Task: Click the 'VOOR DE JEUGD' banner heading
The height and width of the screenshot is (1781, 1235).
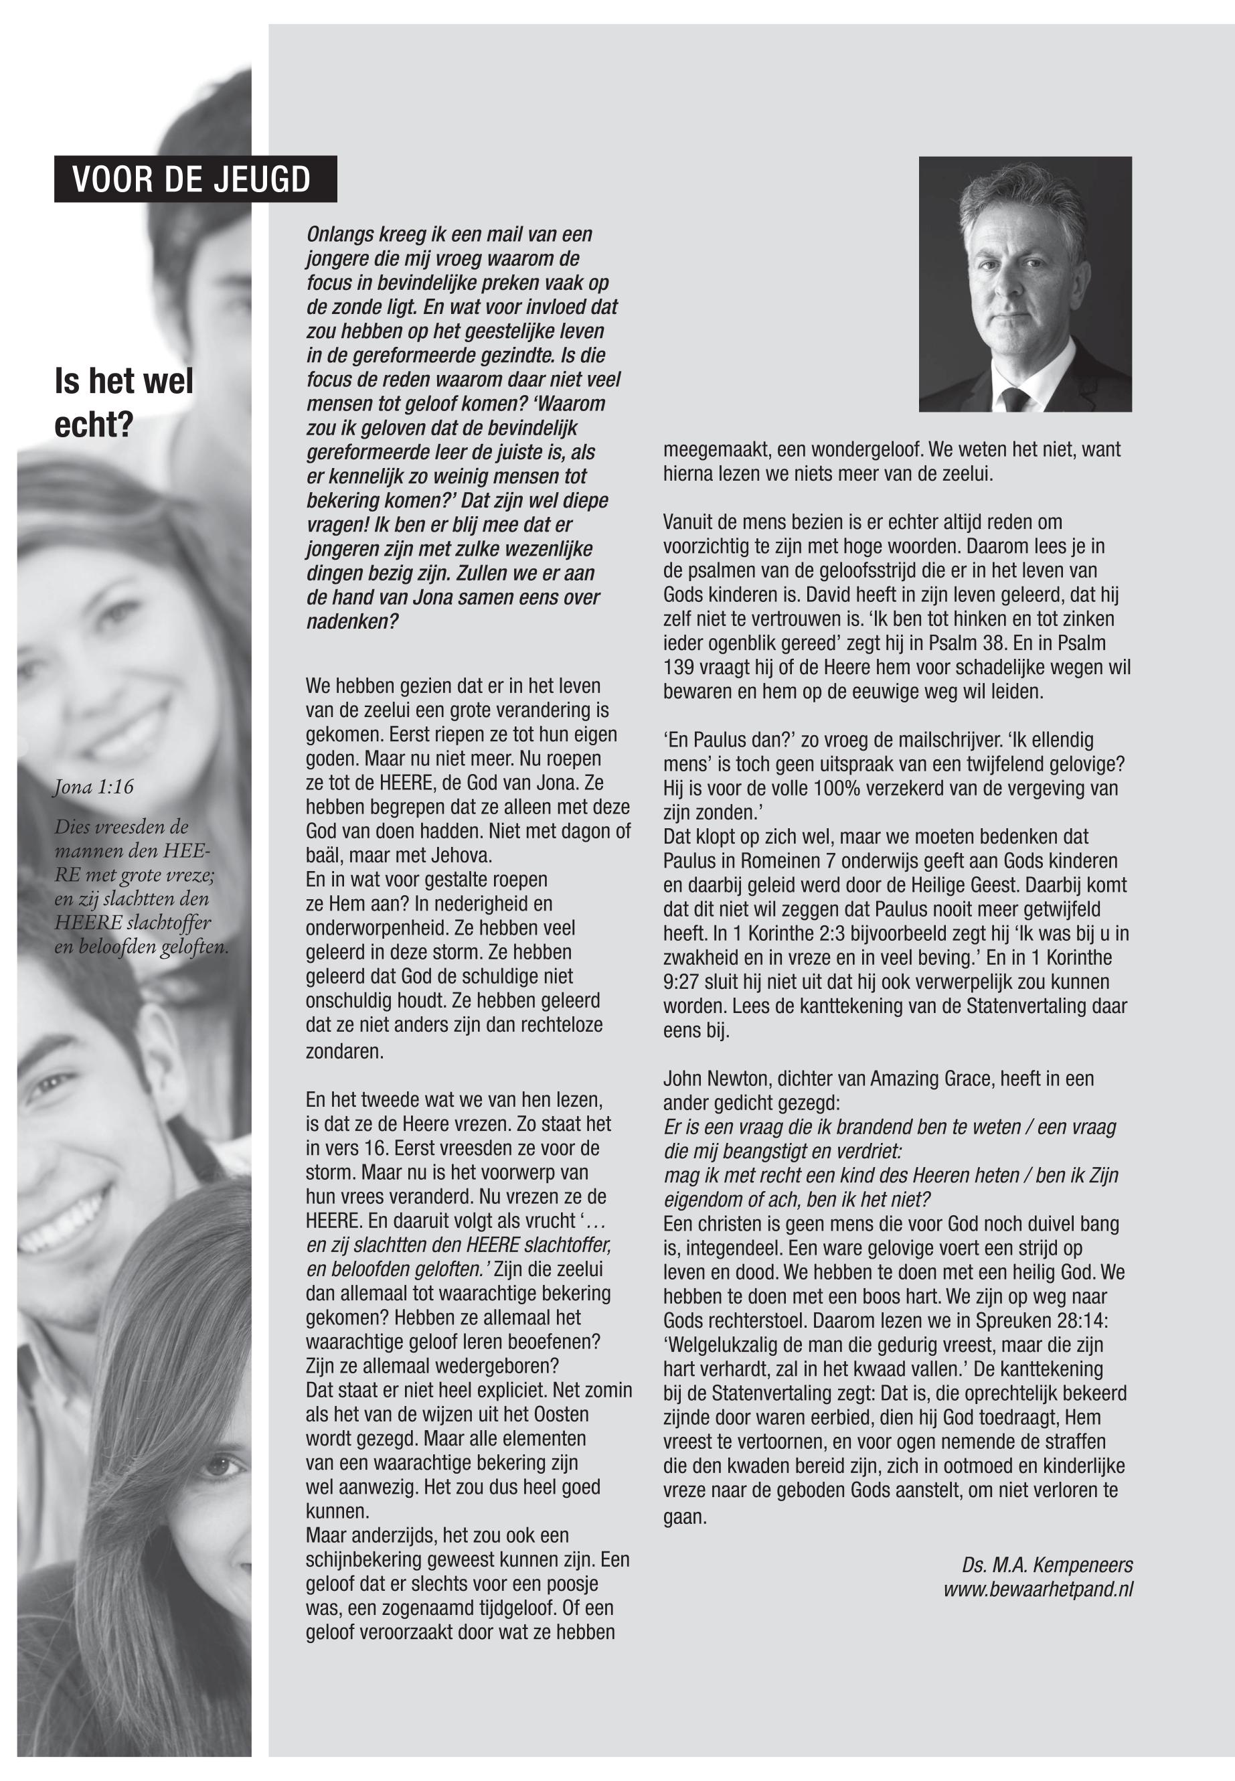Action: [x=191, y=179]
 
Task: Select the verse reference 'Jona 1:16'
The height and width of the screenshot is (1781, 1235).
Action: [x=93, y=787]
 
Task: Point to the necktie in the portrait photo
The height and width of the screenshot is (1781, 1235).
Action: [x=1015, y=398]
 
